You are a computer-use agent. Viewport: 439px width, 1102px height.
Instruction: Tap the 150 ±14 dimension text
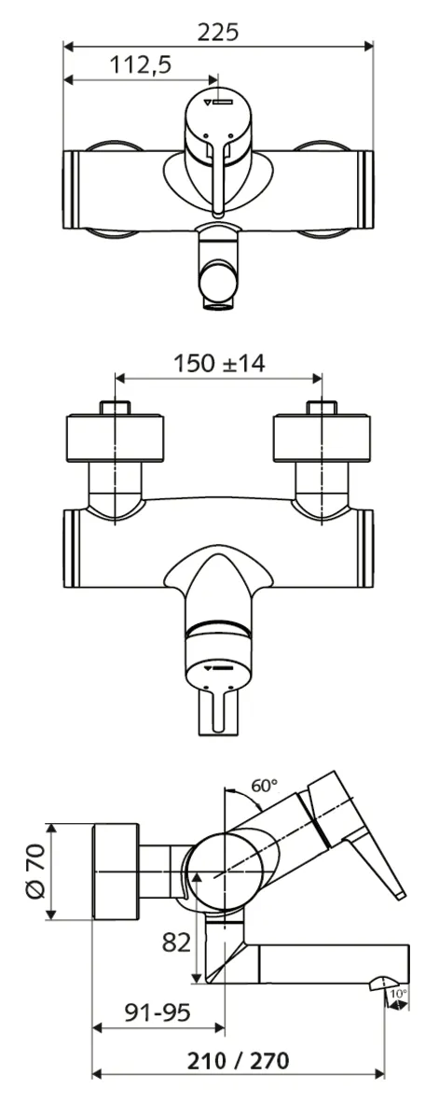pyautogui.click(x=220, y=363)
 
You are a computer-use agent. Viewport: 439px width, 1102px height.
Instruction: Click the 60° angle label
pyautogui.click(x=265, y=786)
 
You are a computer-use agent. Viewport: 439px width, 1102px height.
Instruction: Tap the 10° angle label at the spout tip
pyautogui.click(x=399, y=995)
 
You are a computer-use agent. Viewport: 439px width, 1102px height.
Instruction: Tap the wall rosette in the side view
pyautogui.click(x=116, y=872)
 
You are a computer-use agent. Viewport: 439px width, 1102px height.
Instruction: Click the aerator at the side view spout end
pyautogui.click(x=386, y=983)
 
